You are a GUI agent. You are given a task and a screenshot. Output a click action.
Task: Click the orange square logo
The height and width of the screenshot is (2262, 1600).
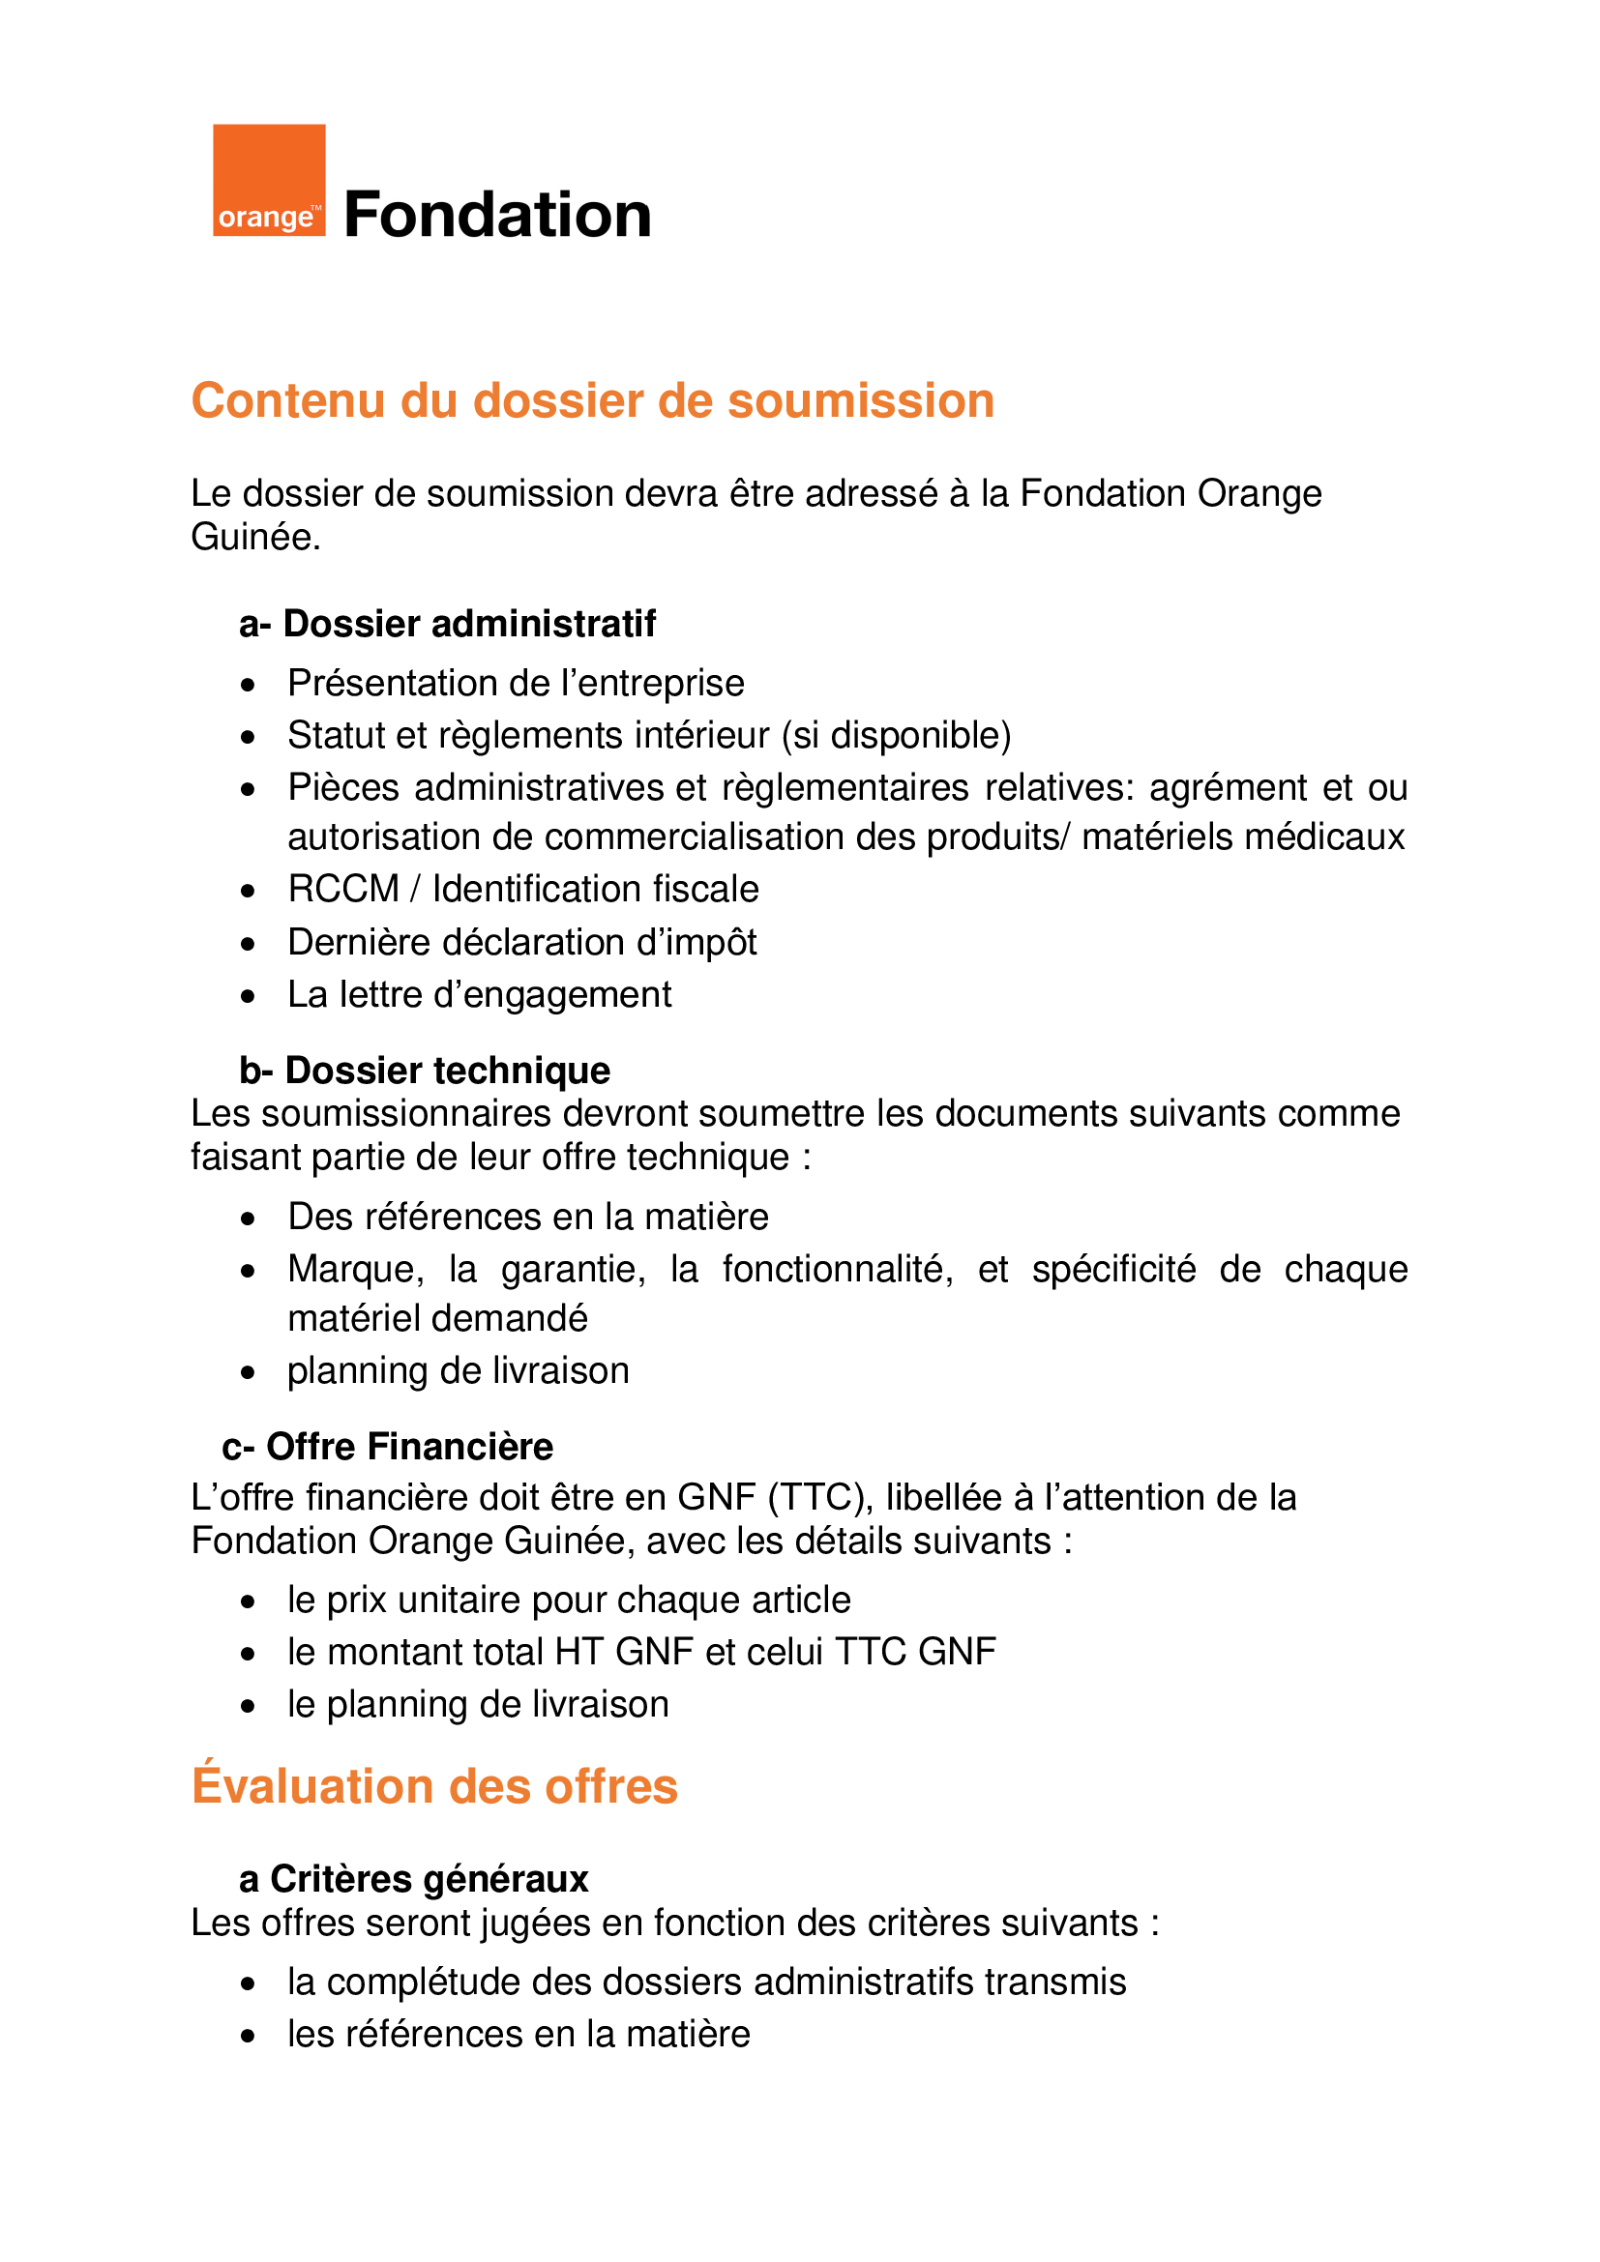click(x=269, y=180)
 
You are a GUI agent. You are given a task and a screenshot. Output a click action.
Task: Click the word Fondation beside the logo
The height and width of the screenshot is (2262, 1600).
click(x=497, y=216)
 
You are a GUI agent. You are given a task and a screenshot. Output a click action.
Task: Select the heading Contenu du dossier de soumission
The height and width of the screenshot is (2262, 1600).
click(x=592, y=401)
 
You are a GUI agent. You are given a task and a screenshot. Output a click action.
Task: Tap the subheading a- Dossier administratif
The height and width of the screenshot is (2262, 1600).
click(x=447, y=624)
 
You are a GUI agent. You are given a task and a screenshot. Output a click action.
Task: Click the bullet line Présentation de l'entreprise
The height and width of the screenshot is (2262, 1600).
click(x=516, y=683)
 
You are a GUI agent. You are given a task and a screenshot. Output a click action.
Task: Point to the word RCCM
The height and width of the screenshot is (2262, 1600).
click(x=342, y=889)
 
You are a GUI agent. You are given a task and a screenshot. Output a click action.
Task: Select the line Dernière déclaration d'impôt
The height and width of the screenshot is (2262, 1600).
click(x=522, y=942)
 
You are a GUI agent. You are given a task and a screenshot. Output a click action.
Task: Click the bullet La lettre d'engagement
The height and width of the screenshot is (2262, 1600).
click(x=479, y=995)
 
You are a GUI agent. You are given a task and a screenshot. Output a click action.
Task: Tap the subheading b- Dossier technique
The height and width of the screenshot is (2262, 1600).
click(x=425, y=1070)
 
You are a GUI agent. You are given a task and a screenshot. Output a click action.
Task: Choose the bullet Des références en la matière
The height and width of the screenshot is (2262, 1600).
click(x=527, y=1217)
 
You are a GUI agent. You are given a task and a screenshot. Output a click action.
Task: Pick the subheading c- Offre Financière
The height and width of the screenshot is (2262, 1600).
click(x=387, y=1446)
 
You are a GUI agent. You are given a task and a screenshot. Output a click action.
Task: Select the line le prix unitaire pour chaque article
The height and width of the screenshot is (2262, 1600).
click(x=569, y=1599)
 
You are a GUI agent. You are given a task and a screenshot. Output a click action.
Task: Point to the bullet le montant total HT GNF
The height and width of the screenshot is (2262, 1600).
click(x=640, y=1651)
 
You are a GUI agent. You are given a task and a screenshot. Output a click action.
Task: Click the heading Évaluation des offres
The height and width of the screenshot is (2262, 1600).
click(x=434, y=1786)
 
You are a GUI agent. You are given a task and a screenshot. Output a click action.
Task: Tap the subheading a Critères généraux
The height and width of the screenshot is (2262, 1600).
click(x=414, y=1879)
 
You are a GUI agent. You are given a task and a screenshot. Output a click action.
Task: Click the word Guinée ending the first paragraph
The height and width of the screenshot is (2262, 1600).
click(x=255, y=538)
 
